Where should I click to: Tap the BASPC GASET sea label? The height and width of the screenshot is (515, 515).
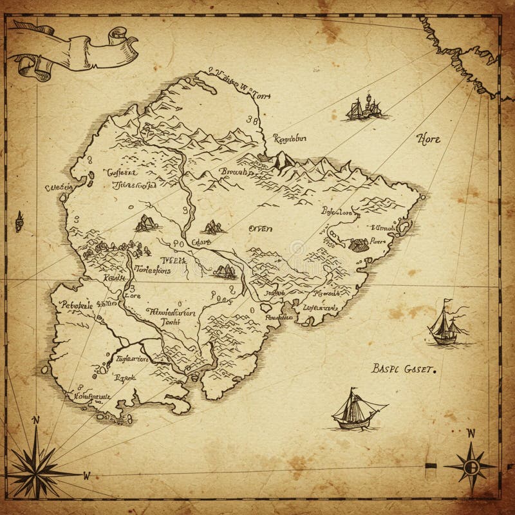[404, 369]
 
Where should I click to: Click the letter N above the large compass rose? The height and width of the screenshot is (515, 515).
[36, 420]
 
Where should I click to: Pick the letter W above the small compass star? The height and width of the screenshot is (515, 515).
[471, 433]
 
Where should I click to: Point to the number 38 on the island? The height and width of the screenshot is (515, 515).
[252, 119]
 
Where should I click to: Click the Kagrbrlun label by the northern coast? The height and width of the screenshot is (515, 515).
[289, 138]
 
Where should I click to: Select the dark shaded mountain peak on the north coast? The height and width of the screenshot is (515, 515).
[281, 160]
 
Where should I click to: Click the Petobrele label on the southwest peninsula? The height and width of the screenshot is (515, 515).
[76, 305]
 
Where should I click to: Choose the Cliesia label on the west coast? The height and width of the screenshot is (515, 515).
[58, 187]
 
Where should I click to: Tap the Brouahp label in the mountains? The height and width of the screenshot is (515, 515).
[236, 173]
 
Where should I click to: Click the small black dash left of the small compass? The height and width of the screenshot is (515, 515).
[431, 465]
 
